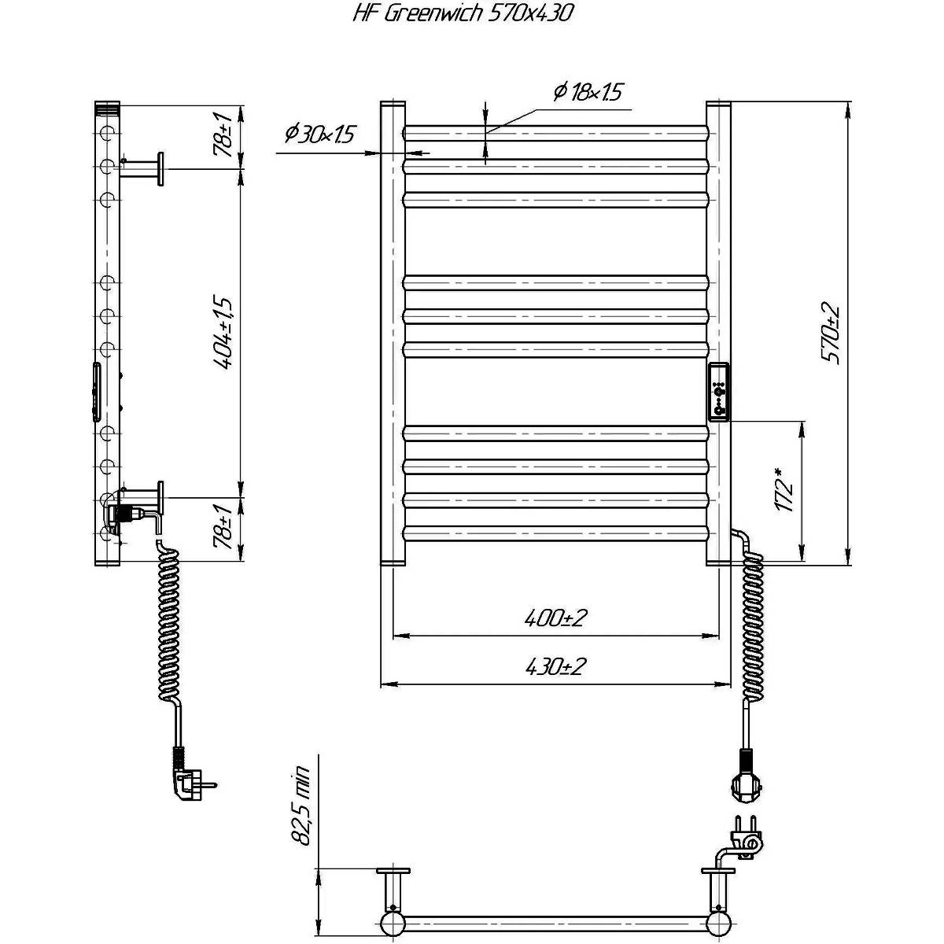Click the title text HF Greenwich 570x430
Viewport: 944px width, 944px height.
(x=463, y=14)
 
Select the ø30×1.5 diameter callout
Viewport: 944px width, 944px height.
(x=319, y=134)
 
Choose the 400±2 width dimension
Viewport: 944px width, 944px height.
(x=555, y=618)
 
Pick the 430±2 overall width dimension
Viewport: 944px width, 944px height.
(x=555, y=666)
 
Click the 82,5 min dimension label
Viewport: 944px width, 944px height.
(x=301, y=806)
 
